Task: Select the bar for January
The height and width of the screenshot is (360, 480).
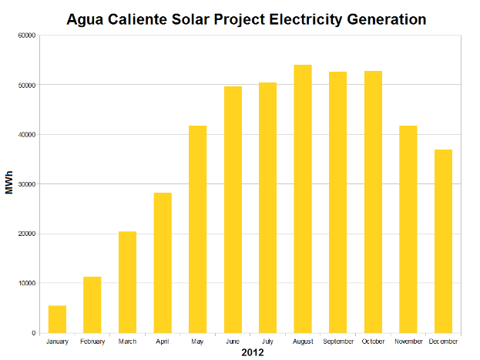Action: (57, 319)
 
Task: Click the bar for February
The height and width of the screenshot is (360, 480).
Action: (92, 304)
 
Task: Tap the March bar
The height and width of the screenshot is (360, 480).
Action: (127, 282)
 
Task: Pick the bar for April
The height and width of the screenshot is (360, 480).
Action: (163, 263)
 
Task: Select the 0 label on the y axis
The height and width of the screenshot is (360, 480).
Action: (33, 333)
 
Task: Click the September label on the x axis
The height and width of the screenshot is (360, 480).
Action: (337, 341)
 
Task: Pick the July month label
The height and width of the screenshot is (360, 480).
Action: (267, 341)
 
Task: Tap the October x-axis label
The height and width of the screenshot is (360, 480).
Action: (373, 341)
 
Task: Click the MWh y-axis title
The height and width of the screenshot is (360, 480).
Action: (9, 183)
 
